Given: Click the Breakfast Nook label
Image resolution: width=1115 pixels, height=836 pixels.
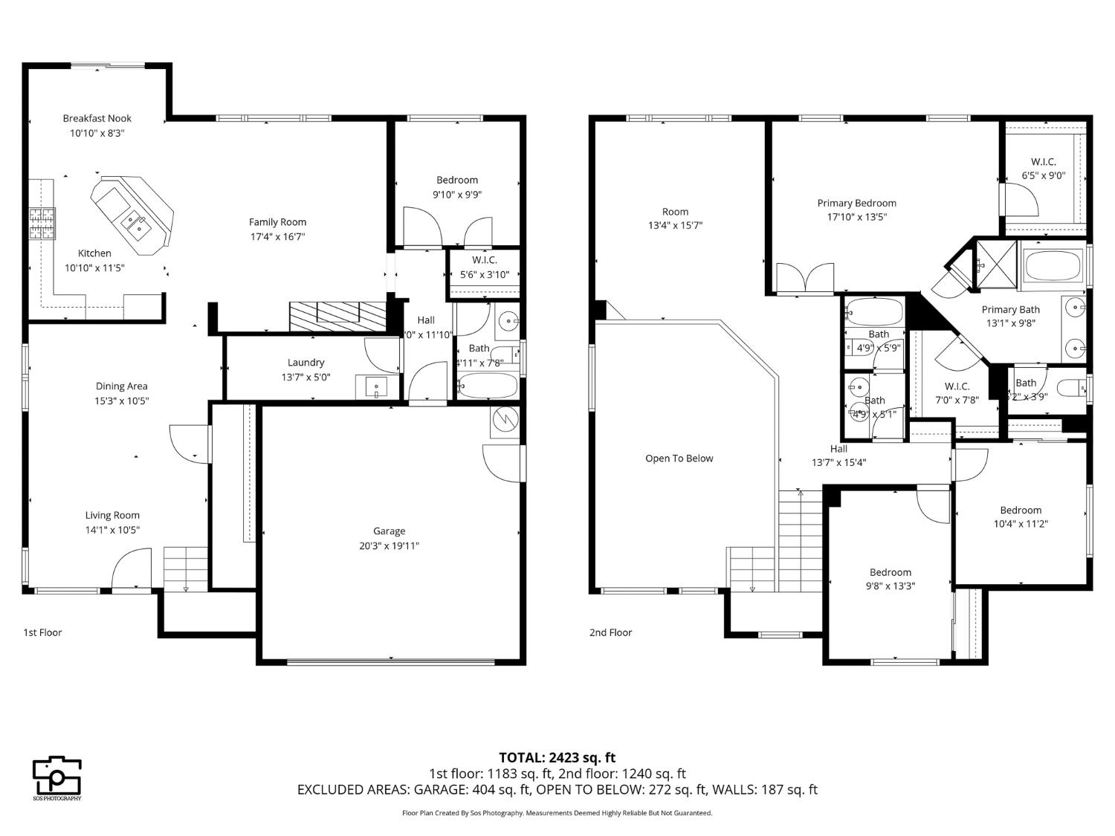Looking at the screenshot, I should [97, 118].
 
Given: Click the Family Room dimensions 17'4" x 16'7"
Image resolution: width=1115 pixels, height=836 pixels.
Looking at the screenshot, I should [277, 236].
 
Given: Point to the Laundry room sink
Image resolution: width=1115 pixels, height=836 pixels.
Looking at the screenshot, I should [378, 387].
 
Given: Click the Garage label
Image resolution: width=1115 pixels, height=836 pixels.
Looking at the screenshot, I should [389, 531].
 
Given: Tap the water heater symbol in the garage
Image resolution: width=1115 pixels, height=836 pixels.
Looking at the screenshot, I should [505, 421].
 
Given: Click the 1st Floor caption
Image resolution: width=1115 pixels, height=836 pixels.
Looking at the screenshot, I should [42, 632].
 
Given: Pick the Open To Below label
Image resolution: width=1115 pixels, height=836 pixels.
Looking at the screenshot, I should [679, 458].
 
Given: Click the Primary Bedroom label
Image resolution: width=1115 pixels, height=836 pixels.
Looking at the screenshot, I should [856, 203].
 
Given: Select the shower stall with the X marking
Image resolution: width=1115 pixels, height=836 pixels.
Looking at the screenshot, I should [995, 264].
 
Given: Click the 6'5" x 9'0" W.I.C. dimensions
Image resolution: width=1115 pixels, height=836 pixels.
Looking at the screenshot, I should [1043, 176].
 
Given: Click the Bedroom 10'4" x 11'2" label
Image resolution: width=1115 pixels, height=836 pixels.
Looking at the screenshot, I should [1020, 510].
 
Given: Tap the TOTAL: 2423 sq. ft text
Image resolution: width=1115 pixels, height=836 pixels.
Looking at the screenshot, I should [557, 758].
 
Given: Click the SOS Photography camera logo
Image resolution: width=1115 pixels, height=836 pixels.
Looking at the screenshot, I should [56, 777].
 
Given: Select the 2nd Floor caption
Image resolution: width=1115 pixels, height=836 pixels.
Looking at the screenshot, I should [610, 632].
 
